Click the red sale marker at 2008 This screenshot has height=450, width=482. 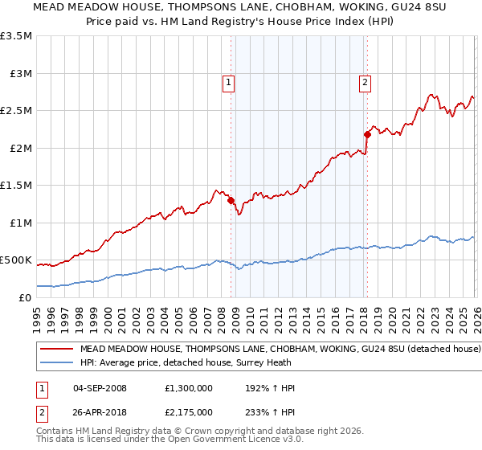pyautogui.click(x=231, y=200)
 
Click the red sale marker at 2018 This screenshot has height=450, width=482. pyautogui.click(x=367, y=134)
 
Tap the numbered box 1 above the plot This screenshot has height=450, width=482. pyautogui.click(x=229, y=81)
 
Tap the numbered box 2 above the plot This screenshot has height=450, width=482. pyautogui.click(x=365, y=81)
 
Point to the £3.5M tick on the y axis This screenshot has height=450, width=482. pyautogui.click(x=16, y=36)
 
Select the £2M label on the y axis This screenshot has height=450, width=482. pyautogui.click(x=19, y=148)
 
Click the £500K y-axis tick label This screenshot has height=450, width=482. pyautogui.click(x=16, y=260)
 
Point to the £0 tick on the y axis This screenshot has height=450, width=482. pyautogui.click(x=24, y=297)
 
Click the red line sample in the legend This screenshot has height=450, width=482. pyautogui.click(x=56, y=350)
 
